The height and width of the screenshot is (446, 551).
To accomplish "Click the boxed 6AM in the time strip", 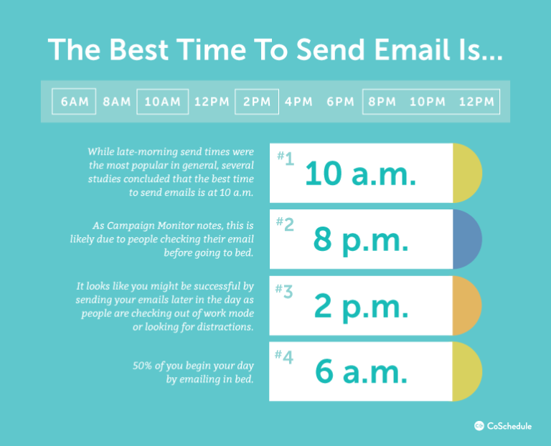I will coord(75,102).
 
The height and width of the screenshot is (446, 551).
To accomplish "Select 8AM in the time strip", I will coord(116,102).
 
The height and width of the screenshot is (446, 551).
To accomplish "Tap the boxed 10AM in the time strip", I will coord(162,102).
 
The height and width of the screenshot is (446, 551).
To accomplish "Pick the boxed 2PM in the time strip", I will coord(257,102).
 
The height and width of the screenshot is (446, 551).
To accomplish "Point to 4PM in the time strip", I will coord(298,102).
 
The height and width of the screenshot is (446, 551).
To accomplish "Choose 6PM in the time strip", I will coord(341,102).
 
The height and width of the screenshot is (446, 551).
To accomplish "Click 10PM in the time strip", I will coord(428,102).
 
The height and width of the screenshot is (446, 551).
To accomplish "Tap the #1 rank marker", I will coord(286,158).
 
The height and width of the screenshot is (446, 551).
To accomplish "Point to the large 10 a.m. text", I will coord(361,174).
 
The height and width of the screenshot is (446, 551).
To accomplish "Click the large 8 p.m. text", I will coord(361,240).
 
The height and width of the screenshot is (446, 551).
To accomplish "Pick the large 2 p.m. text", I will coord(361,306).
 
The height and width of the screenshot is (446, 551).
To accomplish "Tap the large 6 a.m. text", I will coord(361,372).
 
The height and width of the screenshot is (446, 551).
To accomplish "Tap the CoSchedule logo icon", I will coord(479,426).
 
